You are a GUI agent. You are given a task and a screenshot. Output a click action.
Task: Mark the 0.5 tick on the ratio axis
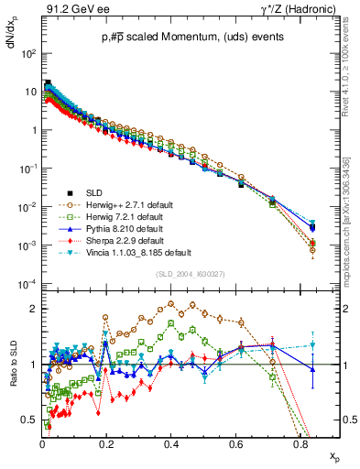pyautogui.click(x=30, y=420)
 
